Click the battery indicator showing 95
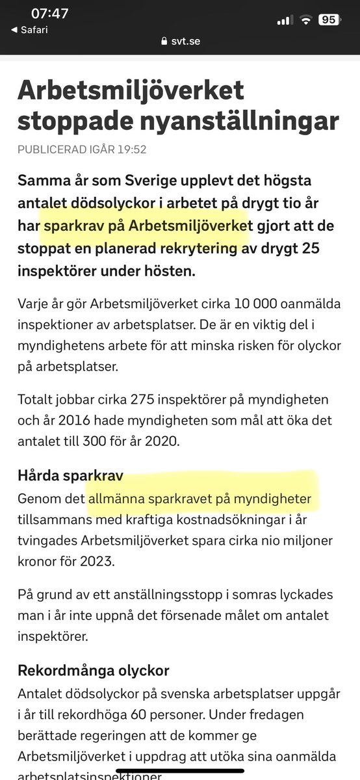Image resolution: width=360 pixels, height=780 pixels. coord(328,19)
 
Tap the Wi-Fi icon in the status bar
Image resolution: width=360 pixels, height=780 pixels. coord(305,20)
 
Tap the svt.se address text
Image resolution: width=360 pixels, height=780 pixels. coord(186,40)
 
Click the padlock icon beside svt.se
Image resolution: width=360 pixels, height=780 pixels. coord(164,40)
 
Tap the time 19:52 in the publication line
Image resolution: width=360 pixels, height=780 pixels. coord(132,149)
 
